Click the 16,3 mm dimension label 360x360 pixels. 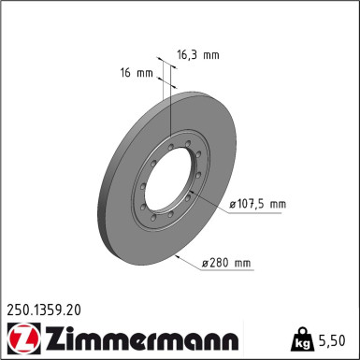pos(197,55)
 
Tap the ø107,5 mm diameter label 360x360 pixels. pos(255,204)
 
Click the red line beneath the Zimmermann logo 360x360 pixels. pos(122,354)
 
